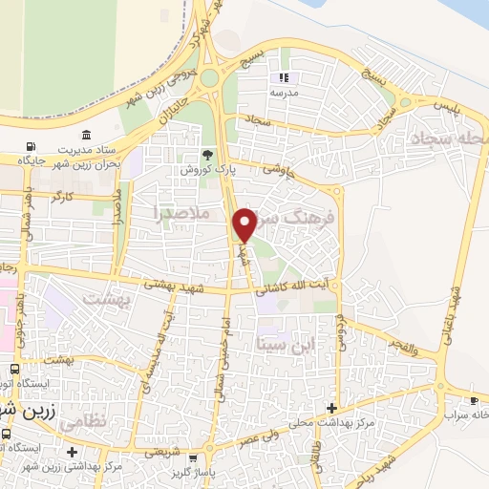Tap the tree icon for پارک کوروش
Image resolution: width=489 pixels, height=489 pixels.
208,155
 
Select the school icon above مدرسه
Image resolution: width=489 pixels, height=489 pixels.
282,77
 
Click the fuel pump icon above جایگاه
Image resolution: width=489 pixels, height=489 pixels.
31,146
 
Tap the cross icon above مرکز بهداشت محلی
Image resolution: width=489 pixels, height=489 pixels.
331,408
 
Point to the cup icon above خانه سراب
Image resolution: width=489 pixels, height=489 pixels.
474,400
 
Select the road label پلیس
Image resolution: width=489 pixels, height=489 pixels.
445,104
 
